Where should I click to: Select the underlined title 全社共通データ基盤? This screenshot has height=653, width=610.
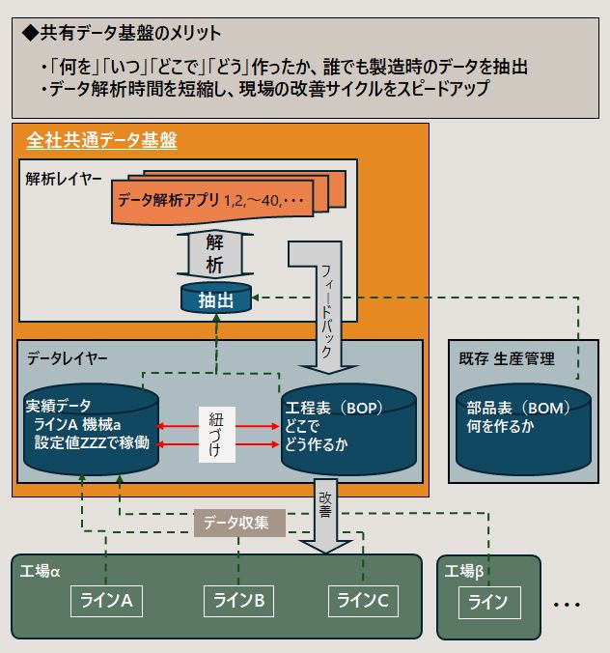[x=101, y=141]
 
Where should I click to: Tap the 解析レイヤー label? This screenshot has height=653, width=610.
[x=65, y=180]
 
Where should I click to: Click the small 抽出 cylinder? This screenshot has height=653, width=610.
[x=215, y=299]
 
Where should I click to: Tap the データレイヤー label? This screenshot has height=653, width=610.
[x=68, y=357]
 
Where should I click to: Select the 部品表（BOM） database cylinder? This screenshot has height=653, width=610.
[x=522, y=425]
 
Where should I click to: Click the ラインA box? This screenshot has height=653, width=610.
[x=107, y=601]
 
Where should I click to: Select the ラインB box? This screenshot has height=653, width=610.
[x=238, y=601]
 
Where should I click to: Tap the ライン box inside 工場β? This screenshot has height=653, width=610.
[x=487, y=603]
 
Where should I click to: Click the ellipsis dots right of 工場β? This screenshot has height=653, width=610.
[x=566, y=604]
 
